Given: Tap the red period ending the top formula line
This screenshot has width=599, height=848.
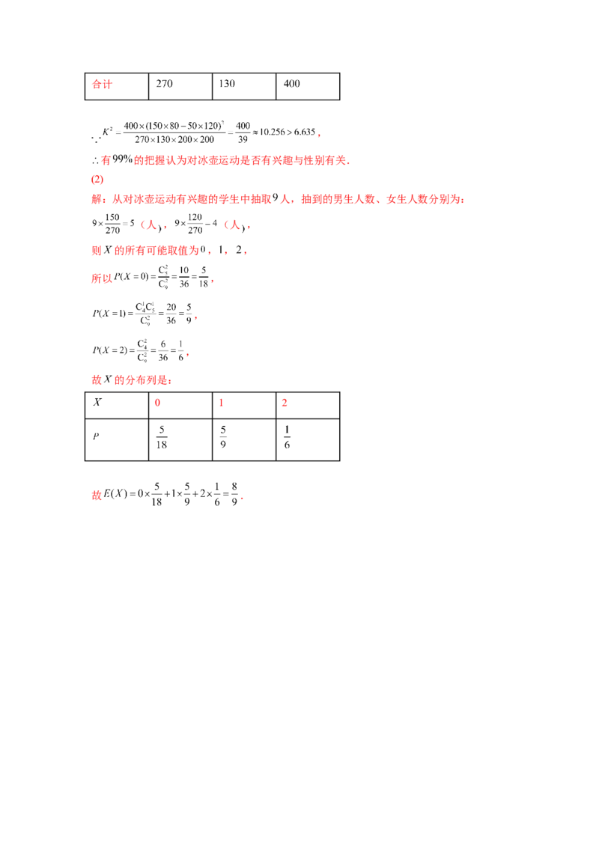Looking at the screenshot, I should coord(320,135).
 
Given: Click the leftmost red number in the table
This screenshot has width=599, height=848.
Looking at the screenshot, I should coord(157,403).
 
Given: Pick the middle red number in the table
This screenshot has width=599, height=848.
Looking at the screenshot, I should coord(221,403).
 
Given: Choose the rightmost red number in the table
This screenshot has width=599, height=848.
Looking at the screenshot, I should coord(285,403).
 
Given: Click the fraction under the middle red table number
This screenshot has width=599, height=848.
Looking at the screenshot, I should coord(222,438).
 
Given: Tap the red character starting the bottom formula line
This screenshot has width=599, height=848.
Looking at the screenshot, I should coord(95,494).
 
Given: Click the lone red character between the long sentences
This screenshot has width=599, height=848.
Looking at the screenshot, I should coord(95,180).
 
